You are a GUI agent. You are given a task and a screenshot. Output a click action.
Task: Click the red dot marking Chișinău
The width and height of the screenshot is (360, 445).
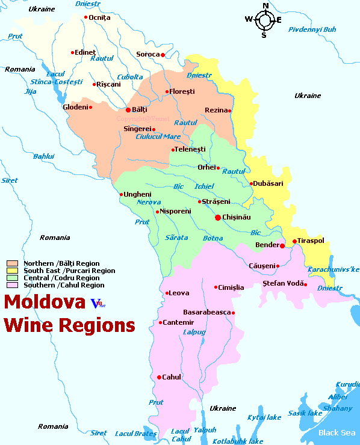[x=218, y=217]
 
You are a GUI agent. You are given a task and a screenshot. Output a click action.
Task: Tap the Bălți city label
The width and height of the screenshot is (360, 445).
[x=139, y=110]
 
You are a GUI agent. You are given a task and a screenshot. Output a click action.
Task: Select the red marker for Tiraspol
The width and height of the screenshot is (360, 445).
[x=294, y=241]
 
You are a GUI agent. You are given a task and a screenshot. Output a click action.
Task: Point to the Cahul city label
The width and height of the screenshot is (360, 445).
[x=172, y=377]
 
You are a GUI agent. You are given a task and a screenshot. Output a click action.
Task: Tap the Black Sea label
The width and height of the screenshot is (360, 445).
[x=337, y=432]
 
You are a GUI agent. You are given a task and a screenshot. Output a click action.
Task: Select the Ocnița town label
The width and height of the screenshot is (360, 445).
[x=100, y=17]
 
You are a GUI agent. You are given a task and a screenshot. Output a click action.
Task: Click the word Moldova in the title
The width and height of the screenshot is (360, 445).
[x=45, y=301]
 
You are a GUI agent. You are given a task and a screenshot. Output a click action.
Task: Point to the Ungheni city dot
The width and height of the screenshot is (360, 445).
[x=121, y=194]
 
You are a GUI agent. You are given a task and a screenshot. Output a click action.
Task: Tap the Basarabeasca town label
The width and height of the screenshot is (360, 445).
[x=206, y=313]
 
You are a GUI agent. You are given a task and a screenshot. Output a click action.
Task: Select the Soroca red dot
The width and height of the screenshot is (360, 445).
[x=163, y=55]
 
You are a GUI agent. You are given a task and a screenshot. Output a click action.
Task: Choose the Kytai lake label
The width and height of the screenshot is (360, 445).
[x=264, y=417]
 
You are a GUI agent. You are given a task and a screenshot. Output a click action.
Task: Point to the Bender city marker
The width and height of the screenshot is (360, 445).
[x=282, y=245]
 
